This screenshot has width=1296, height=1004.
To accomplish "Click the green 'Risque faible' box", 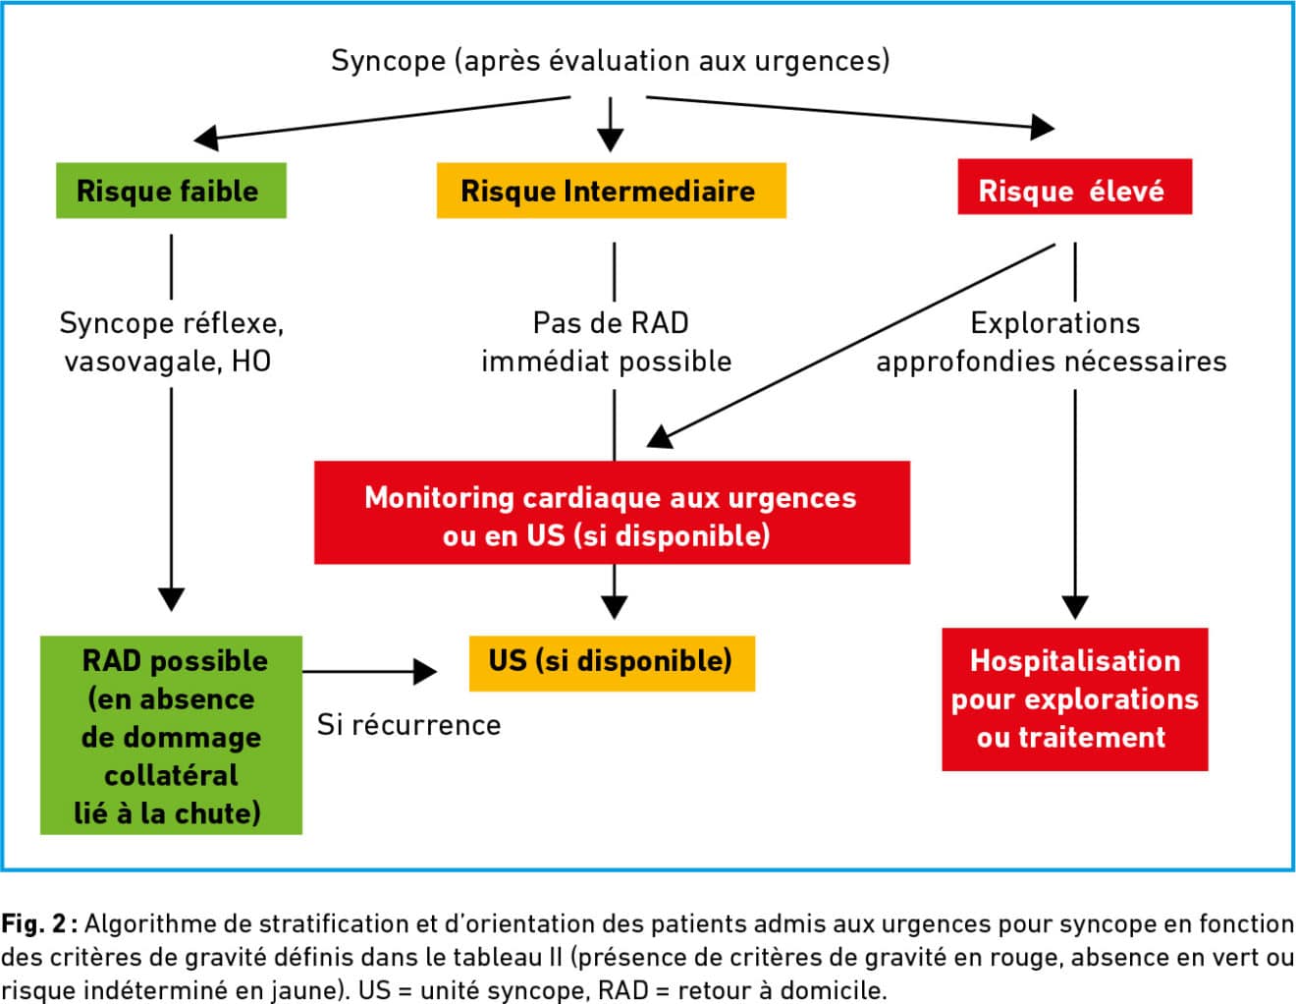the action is (171, 191).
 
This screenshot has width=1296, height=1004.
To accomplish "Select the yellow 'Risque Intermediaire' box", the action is (612, 191).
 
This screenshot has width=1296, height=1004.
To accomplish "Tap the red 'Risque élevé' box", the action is (1075, 187).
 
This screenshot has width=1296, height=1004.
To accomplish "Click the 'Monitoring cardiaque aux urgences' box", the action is (612, 513).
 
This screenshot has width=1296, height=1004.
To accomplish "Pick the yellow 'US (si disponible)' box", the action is (612, 663).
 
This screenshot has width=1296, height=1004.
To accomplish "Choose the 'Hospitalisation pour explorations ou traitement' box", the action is (1075, 699).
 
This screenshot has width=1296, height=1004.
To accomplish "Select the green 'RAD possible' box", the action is (171, 735).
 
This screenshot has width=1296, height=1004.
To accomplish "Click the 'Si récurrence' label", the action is (409, 725).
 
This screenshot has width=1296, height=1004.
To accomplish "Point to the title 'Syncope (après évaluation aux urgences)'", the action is (610, 61).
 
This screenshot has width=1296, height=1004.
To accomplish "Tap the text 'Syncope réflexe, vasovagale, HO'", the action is (171, 342).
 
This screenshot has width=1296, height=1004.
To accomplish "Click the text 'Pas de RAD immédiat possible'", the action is (607, 342).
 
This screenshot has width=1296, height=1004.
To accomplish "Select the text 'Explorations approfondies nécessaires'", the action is (1051, 342).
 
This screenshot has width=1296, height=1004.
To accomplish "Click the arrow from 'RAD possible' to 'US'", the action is (370, 672).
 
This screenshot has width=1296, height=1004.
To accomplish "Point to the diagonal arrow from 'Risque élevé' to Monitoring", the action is (850, 346).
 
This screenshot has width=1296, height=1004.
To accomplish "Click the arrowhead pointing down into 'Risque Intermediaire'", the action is (610, 140).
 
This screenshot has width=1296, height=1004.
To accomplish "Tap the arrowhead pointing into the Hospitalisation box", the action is (1075, 608).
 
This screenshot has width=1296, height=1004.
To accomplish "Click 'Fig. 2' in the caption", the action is (32, 924).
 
